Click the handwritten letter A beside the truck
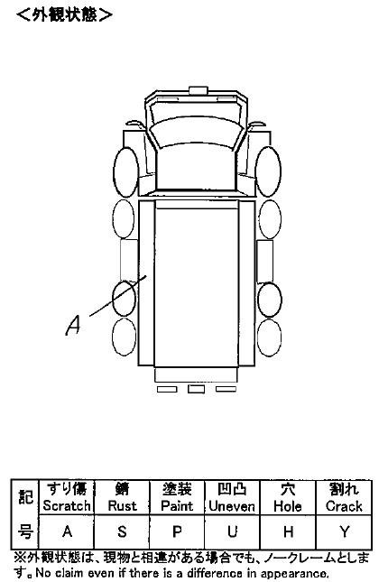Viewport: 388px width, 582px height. (73, 325)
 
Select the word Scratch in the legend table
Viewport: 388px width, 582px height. (67, 505)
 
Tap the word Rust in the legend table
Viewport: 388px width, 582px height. (122, 505)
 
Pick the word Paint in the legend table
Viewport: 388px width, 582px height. (177, 505)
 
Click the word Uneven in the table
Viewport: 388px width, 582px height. (232, 506)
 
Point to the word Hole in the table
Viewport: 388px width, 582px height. (287, 506)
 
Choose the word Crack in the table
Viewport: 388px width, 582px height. (344, 506)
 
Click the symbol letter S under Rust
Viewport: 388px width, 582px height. (122, 531)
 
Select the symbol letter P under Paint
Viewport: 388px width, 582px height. (177, 531)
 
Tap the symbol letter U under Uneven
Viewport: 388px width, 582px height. (233, 531)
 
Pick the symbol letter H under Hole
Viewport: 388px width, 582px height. (288, 531)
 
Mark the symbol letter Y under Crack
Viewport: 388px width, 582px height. (344, 531)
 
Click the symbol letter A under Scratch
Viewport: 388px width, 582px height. (67, 531)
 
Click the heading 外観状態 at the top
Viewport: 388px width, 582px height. (64, 14)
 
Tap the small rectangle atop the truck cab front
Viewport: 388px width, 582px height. (199, 90)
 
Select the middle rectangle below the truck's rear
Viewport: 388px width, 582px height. (196, 389)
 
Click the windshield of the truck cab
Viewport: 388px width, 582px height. (196, 133)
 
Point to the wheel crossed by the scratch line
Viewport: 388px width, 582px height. (125, 299)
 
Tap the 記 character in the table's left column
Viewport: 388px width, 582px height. (25, 496)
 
